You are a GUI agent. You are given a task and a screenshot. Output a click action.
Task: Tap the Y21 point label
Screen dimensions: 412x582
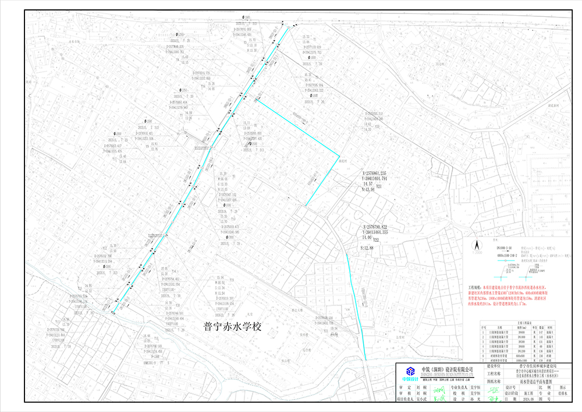(x=379, y=187)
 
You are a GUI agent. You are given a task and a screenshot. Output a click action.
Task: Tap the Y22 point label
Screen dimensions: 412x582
(x=376, y=240)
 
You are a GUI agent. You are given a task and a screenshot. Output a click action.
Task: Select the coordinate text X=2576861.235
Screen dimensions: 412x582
(x=382, y=173)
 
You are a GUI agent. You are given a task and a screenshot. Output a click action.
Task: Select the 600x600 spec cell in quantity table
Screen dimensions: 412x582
(x=505, y=355)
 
